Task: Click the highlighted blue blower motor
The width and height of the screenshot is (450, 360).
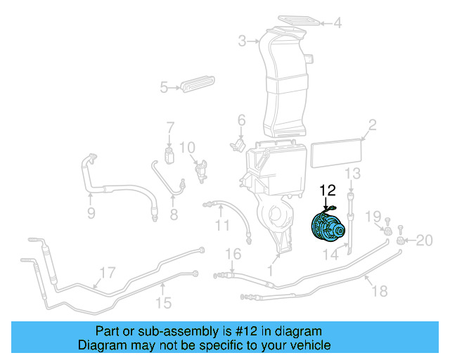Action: coord(327,229)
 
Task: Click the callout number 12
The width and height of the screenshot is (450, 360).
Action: coord(328,190)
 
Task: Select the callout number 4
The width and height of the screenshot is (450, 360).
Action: coord(337,23)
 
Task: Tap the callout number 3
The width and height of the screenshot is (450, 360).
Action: coord(242,41)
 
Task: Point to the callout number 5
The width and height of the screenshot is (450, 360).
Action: coord(164,88)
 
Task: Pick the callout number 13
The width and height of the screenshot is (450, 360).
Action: coord(352,174)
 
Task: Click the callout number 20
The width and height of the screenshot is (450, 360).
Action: coord(424,240)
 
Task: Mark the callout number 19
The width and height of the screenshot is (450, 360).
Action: coord(376,215)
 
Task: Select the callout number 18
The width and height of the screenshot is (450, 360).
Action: coord(379,291)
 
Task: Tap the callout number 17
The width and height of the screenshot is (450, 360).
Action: coord(107,273)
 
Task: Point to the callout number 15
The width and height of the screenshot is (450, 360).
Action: coord(163,303)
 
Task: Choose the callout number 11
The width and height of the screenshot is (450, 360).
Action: coord(222,226)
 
